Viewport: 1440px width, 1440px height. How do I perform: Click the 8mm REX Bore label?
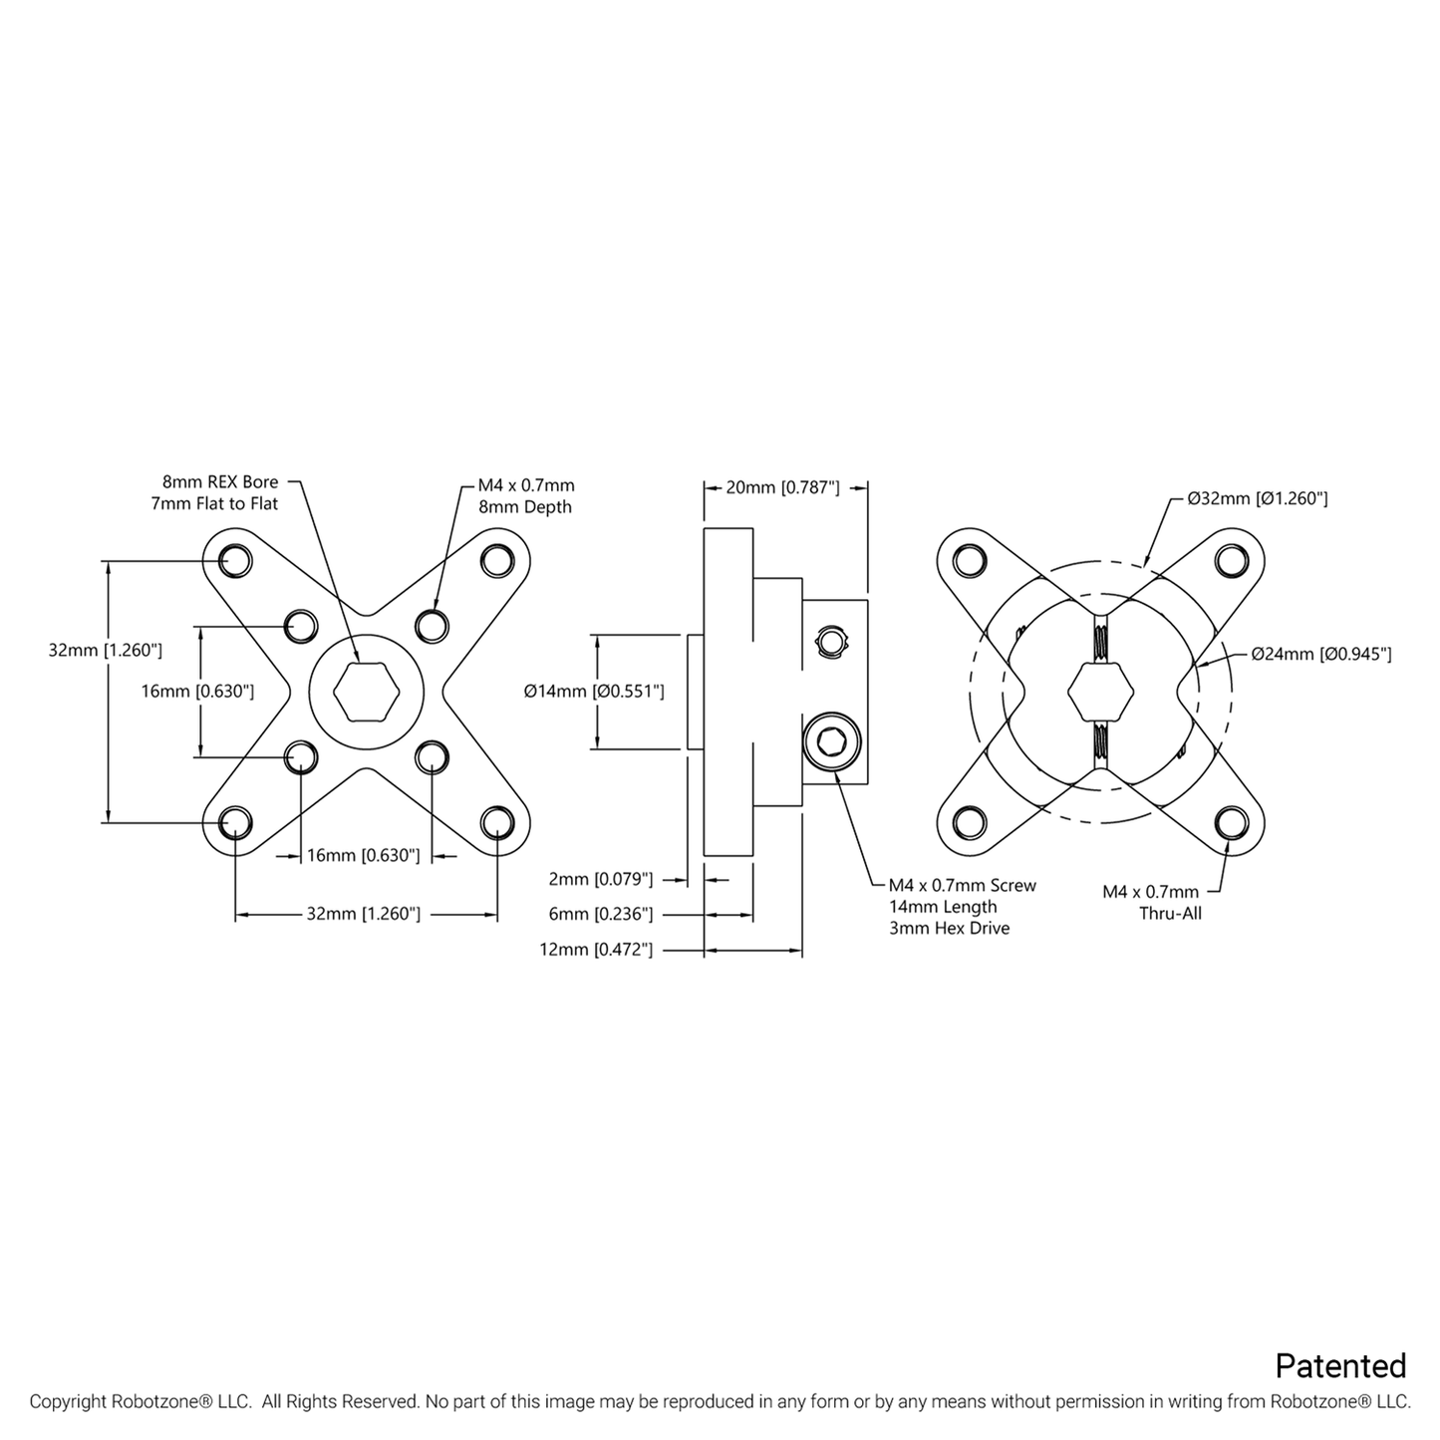pyautogui.click(x=220, y=483)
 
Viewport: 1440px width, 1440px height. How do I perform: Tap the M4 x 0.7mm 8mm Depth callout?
pyautogui.click(x=525, y=496)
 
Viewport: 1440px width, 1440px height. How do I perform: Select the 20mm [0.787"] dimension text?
pyautogui.click(x=782, y=487)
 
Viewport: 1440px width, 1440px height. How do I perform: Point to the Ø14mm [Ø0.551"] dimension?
pyautogui.click(x=594, y=691)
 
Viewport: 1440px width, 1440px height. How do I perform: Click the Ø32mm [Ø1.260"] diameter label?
pyautogui.click(x=1257, y=498)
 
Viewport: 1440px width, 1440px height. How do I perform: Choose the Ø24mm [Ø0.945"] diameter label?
pyautogui.click(x=1321, y=654)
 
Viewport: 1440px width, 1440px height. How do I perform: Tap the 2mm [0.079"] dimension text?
pyautogui.click(x=600, y=879)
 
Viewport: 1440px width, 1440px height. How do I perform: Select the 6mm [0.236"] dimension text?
pyautogui.click(x=600, y=914)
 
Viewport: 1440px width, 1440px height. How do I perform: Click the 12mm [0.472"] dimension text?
pyautogui.click(x=596, y=950)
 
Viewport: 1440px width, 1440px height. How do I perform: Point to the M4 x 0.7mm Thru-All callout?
pyautogui.click(x=1163, y=902)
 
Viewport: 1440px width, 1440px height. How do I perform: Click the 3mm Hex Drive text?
pyautogui.click(x=949, y=928)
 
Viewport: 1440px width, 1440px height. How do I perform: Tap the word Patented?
pyautogui.click(x=1340, y=1365)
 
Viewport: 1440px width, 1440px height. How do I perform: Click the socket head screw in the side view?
pyautogui.click(x=833, y=741)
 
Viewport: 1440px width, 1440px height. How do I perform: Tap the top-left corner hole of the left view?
pyautogui.click(x=235, y=560)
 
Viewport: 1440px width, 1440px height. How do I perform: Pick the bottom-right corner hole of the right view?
pyautogui.click(x=1232, y=822)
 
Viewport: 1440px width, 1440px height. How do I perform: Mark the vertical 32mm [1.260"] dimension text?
pyautogui.click(x=105, y=651)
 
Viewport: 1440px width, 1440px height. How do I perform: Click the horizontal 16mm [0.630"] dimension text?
pyautogui.click(x=363, y=855)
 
